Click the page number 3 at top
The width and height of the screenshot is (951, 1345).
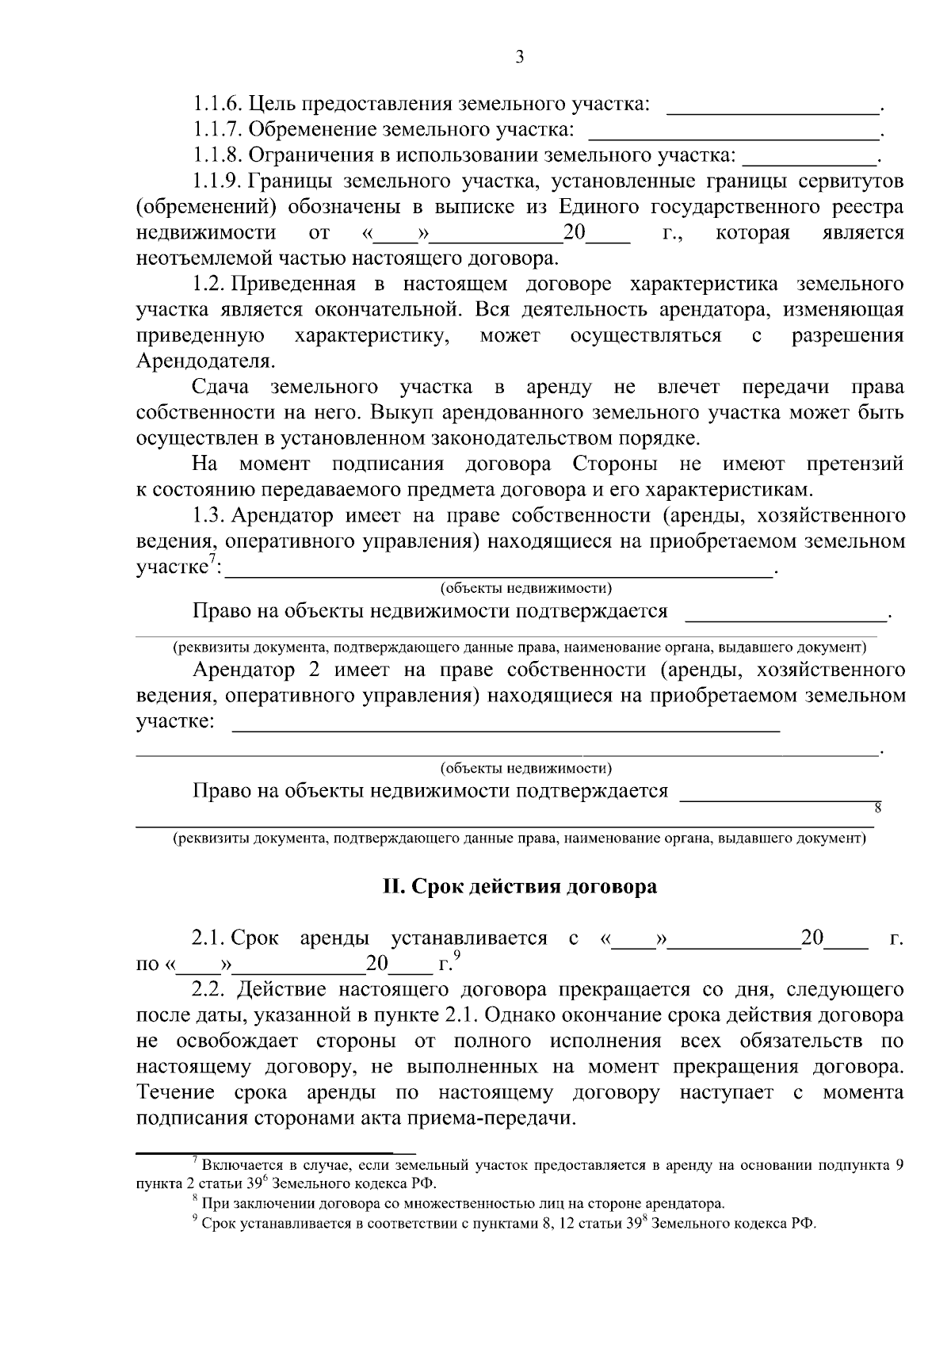click(x=519, y=56)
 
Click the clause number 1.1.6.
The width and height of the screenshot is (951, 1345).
click(x=217, y=104)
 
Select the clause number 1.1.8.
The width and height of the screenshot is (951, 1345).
click(x=217, y=155)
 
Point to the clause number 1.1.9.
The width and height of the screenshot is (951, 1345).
click(x=217, y=181)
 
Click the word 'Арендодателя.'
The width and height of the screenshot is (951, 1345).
click(x=206, y=361)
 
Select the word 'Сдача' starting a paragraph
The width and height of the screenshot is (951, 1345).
click(x=220, y=388)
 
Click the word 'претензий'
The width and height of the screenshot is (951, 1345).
click(x=854, y=464)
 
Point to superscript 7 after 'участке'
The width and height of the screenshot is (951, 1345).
click(x=212, y=562)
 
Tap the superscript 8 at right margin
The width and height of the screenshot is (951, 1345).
click(x=877, y=808)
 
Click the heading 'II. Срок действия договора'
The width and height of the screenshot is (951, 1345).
click(x=519, y=886)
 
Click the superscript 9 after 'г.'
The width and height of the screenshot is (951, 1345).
click(x=457, y=959)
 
